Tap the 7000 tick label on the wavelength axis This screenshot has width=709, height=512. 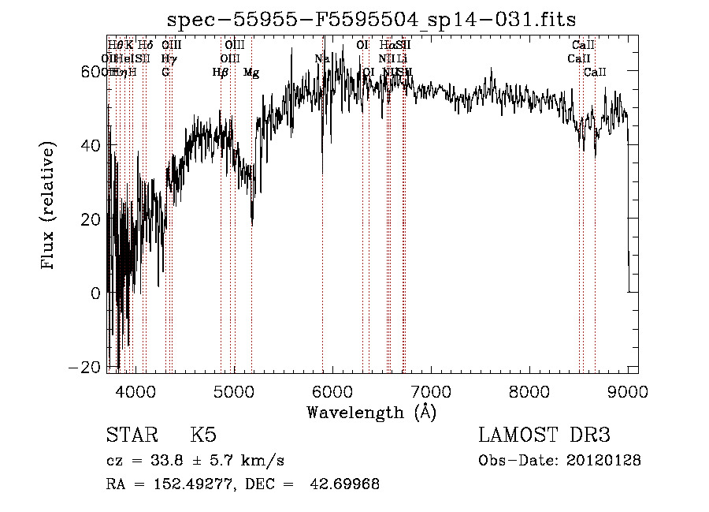click(431, 391)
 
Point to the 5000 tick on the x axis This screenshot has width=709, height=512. click(234, 391)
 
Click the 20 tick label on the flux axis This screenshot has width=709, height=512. click(92, 219)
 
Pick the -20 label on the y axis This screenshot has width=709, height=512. click(88, 367)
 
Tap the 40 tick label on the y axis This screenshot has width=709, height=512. click(92, 145)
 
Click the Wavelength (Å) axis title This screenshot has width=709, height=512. click(371, 412)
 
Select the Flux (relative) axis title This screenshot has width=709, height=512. click(49, 207)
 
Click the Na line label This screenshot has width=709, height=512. click(321, 58)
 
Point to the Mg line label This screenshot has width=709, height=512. click(251, 73)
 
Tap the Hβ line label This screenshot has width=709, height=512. click(221, 73)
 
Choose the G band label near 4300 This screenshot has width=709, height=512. click(165, 73)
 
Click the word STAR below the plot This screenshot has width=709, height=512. click(130, 436)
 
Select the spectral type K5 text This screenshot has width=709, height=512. click(203, 436)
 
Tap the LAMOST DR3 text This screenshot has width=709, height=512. click(544, 436)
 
